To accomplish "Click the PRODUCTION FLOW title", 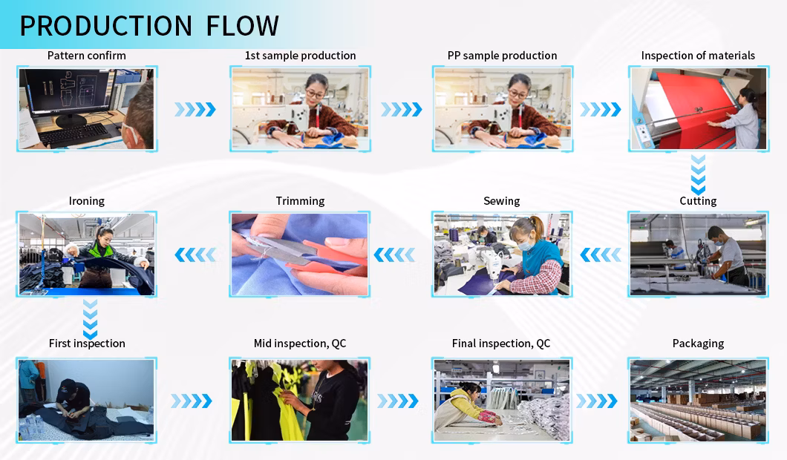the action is point(149,26).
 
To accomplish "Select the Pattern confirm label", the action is point(87,56).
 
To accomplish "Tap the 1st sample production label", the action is point(300,56).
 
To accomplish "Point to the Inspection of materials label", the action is point(698,56).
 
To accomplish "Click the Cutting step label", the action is point(698,201).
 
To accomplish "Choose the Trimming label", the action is point(300,201).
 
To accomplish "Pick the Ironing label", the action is point(87,201).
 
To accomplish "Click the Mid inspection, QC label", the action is point(300,344).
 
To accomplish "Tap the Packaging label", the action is point(698,344).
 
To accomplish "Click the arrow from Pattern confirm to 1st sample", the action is point(195,109).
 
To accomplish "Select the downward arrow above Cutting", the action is point(698,174).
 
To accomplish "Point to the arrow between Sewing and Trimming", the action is point(394,254).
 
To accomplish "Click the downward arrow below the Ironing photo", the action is point(90,320).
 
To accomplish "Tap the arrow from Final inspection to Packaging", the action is point(597,401).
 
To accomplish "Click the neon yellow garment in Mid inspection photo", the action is point(284,401).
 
